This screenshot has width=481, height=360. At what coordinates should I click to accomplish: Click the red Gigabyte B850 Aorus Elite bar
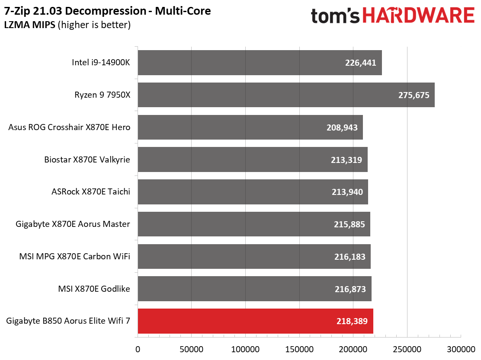coord(255,321)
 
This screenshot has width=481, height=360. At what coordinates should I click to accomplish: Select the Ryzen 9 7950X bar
coord(285,95)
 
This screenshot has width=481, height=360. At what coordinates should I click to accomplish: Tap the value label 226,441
coord(360,63)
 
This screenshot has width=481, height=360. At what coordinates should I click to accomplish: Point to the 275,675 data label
coord(414,95)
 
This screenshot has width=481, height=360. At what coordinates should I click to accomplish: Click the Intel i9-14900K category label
coord(101,63)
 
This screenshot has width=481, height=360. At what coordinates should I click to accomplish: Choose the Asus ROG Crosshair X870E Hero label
coord(69,127)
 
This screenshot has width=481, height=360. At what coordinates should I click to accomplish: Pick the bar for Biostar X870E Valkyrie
coord(252,159)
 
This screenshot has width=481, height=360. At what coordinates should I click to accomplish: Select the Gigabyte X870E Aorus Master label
coord(73,224)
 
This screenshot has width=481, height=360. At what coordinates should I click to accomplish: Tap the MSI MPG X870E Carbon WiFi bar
coord(254,256)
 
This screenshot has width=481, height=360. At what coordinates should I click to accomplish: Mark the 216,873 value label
coord(350,289)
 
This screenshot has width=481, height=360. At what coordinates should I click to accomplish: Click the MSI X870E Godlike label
coord(94,289)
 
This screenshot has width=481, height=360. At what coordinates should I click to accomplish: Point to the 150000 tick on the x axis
coord(299,349)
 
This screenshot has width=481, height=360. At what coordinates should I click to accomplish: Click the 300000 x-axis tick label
coord(461,349)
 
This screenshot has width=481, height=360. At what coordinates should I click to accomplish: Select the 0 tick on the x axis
coord(138,349)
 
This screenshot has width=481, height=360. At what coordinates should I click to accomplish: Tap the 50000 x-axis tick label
coord(191,349)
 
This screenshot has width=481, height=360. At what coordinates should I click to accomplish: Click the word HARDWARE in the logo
coord(418,16)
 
